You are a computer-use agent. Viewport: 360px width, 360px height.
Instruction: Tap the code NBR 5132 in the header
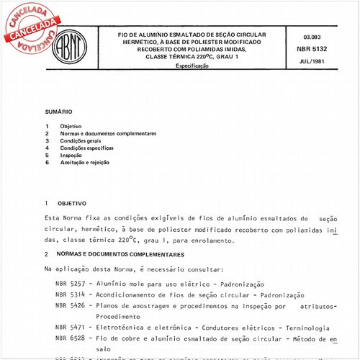tap(318, 49)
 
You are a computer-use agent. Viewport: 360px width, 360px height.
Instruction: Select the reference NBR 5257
tap(71, 283)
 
